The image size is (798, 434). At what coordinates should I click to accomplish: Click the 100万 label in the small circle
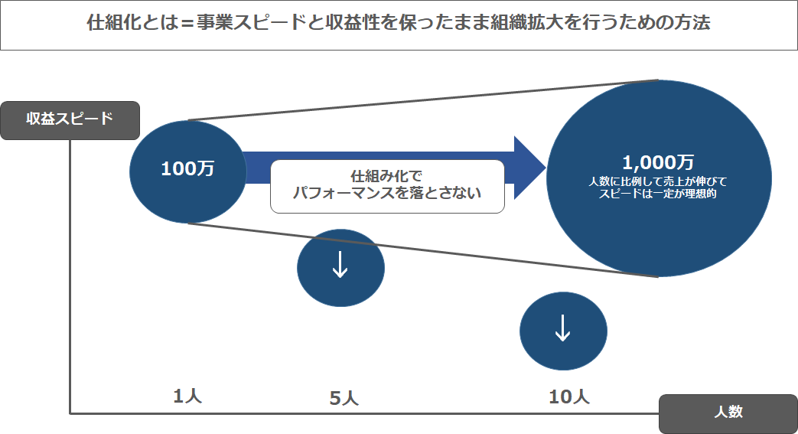187,168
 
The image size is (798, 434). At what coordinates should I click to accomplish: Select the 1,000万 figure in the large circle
658,162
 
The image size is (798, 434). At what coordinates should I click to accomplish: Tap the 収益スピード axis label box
70,120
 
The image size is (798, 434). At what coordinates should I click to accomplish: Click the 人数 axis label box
728,413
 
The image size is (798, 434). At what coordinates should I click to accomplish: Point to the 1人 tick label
187,396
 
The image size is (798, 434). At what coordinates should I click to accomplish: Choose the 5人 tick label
344,398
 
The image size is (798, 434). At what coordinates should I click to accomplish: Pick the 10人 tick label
569,396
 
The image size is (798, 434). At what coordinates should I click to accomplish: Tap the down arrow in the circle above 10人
562,328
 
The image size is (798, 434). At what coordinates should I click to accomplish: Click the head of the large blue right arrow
529,168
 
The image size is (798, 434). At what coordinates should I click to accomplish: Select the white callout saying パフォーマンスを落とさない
387,187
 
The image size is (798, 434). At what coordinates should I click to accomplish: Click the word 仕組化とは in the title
133,23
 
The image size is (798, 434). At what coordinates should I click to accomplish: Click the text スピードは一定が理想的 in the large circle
657,194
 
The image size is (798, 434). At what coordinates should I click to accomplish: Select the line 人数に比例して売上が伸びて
657,181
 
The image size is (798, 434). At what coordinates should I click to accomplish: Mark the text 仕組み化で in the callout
387,176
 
